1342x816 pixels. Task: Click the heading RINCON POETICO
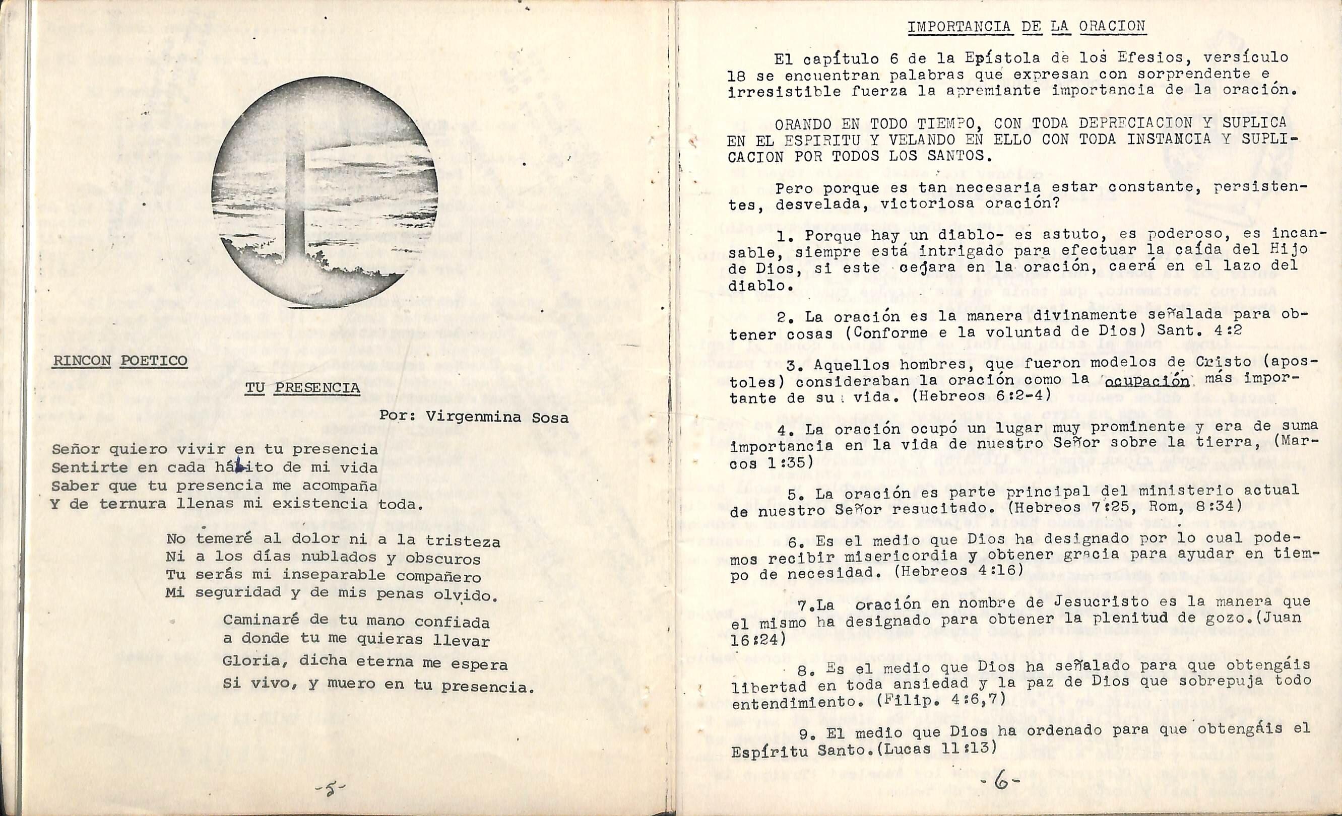120,360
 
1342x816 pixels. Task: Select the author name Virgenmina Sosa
497,417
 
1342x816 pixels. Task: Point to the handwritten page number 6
1000,783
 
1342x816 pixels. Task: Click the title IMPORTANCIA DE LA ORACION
1027,26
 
